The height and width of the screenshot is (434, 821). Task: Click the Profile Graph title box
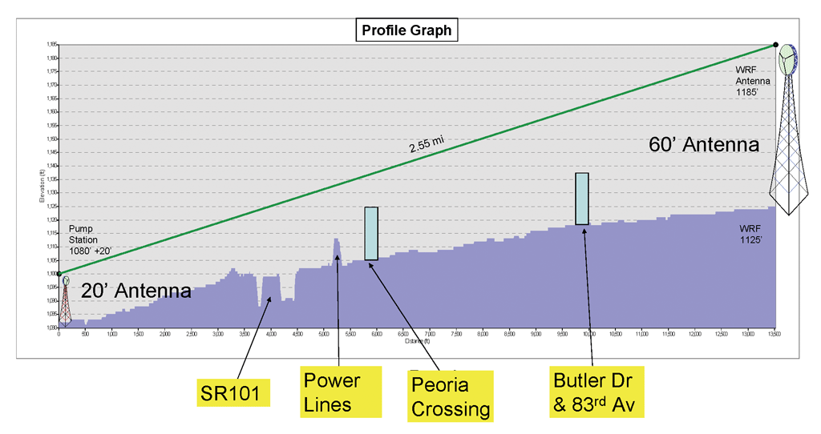click(x=406, y=31)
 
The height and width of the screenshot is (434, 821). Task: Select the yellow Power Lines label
click(x=332, y=392)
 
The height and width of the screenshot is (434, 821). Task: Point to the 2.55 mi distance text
click(x=426, y=143)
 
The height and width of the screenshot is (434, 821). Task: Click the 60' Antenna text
click(x=703, y=145)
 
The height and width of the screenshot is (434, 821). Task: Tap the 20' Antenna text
click(x=136, y=291)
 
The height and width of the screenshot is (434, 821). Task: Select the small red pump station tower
click(x=66, y=300)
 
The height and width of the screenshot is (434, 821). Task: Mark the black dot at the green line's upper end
click(x=776, y=45)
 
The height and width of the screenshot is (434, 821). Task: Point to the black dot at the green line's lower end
click(x=59, y=274)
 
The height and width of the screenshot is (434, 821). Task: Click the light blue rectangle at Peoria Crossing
click(x=371, y=233)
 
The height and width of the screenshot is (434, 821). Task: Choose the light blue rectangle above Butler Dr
click(x=582, y=199)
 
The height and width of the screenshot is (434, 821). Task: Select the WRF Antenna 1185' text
click(x=753, y=81)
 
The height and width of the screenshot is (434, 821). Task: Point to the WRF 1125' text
click(x=750, y=234)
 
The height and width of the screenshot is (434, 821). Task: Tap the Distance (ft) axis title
click(x=418, y=339)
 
